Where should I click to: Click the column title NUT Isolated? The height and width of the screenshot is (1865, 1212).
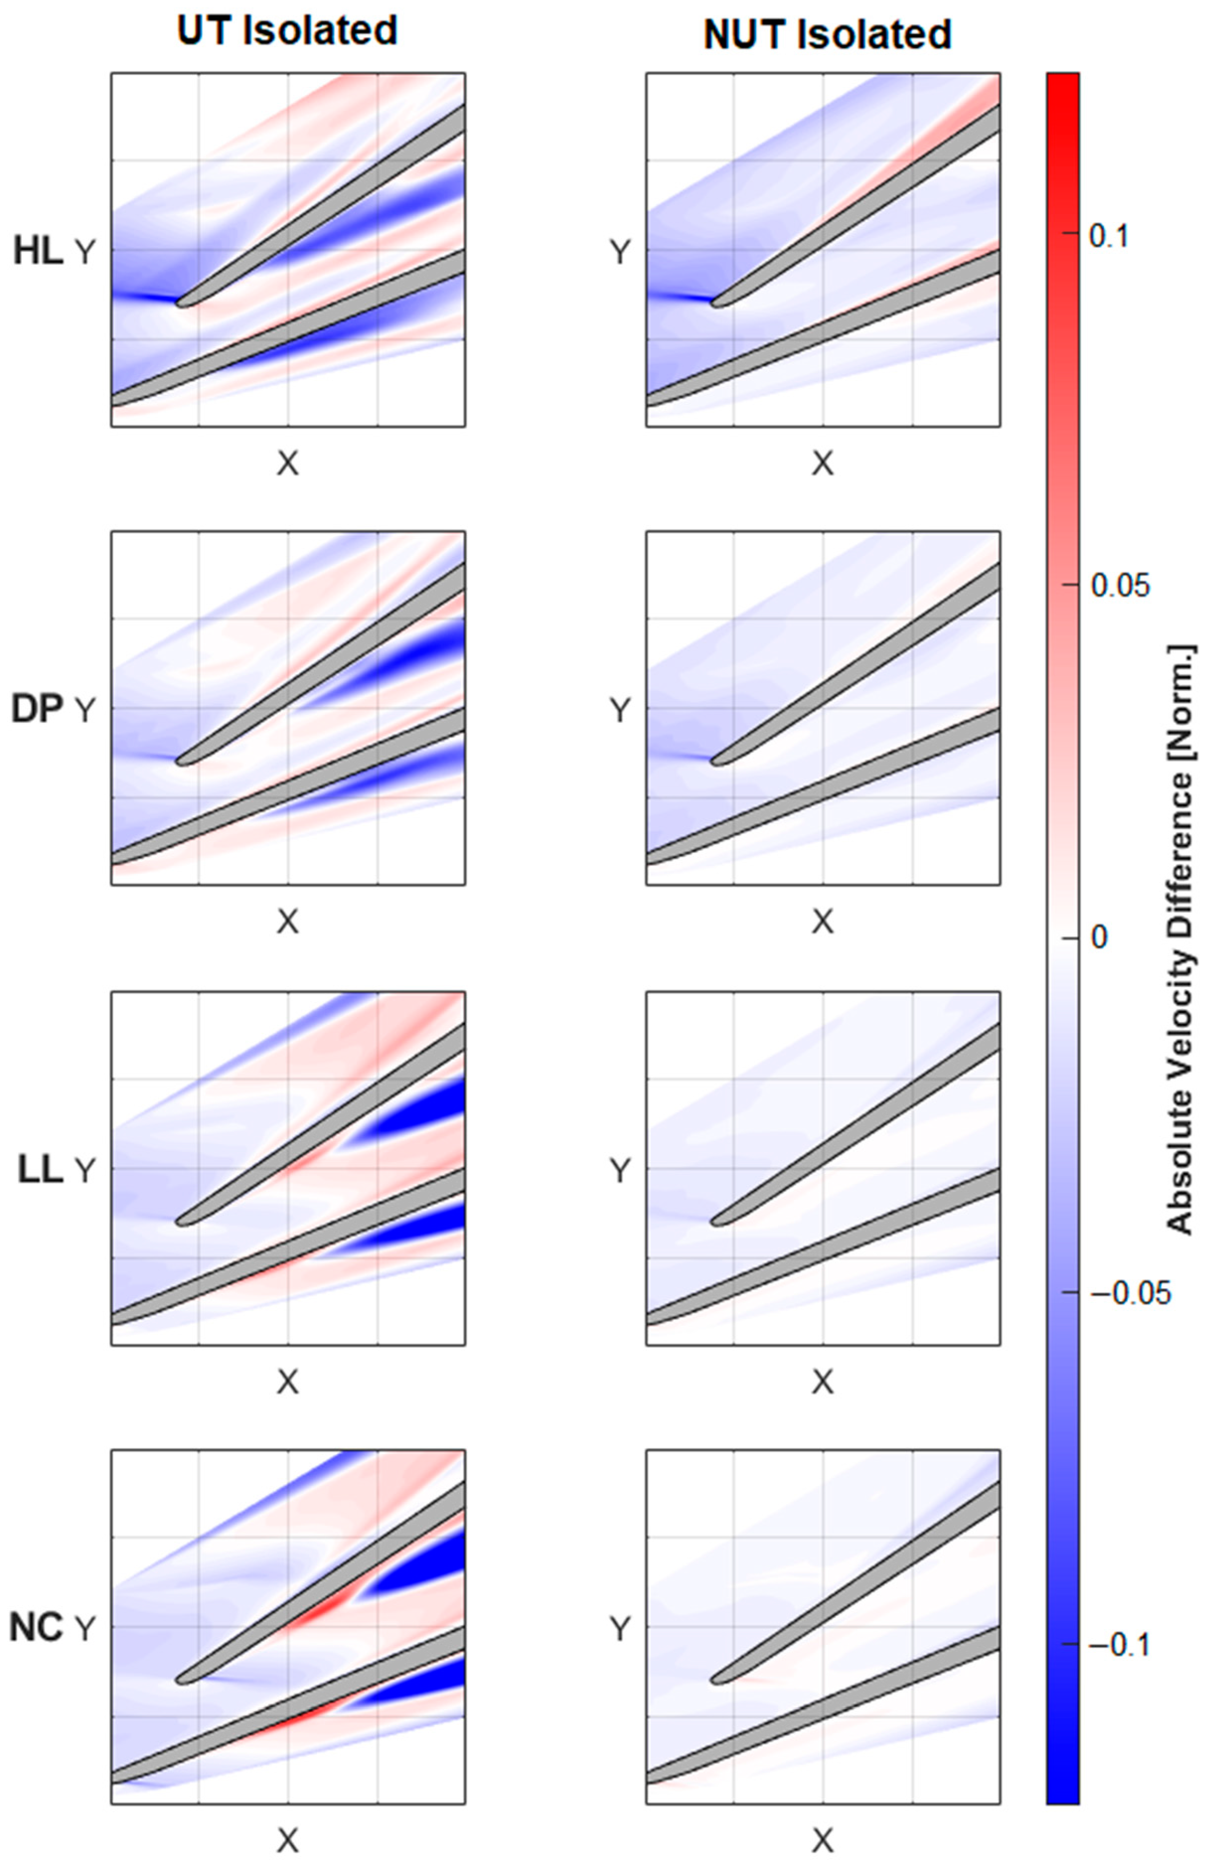tap(827, 34)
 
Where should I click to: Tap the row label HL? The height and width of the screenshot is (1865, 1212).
tap(38, 252)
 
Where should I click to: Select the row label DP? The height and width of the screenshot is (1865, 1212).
tap(36, 710)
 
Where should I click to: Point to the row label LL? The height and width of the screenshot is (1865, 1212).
tap(39, 1171)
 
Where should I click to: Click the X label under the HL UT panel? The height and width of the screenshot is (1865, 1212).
tap(288, 465)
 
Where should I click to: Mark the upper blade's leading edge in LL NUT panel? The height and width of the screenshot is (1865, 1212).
tap(714, 1221)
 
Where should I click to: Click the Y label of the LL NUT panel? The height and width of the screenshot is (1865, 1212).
tap(620, 1171)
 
